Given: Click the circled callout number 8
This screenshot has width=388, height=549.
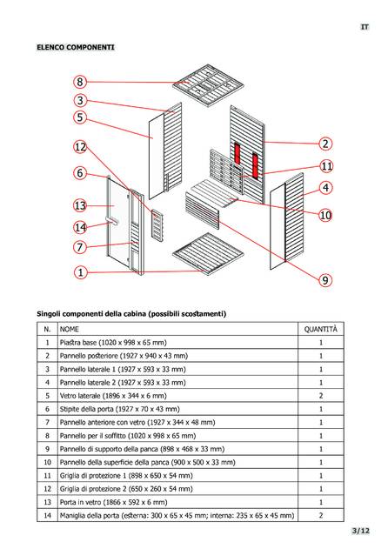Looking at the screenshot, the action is tap(80, 82).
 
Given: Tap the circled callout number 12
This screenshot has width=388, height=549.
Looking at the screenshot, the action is tap(80, 147).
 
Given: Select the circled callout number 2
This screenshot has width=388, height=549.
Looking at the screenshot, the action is tap(325, 144).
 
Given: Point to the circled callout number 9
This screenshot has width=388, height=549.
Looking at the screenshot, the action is tap(325, 280).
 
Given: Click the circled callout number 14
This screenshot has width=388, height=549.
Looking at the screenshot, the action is tap(80, 228).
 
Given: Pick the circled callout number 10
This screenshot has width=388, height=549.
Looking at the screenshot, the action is tap(325, 215).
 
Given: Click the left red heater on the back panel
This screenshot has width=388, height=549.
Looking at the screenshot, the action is tap(237, 154).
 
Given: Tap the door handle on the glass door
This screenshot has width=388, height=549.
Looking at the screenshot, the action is tap(112, 220).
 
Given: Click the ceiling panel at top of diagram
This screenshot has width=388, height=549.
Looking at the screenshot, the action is tap(209, 84).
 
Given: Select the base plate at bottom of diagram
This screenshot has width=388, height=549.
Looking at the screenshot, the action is tap(209, 254).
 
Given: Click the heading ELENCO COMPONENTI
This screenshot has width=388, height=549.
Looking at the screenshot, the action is tap(76, 47).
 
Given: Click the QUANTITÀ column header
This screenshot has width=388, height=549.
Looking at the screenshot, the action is tap(321, 329).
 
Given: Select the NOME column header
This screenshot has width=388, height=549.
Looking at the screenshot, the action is tap(70, 329).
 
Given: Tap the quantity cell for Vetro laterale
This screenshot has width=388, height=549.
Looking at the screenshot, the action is tap(321, 396).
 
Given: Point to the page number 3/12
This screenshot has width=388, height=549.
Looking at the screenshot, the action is tap(361, 531).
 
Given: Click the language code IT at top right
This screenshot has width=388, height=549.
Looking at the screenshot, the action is tap(365, 27).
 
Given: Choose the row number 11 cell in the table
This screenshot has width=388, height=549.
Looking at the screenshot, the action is tap(47, 475).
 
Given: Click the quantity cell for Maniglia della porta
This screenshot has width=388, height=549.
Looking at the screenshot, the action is tap(321, 515).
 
